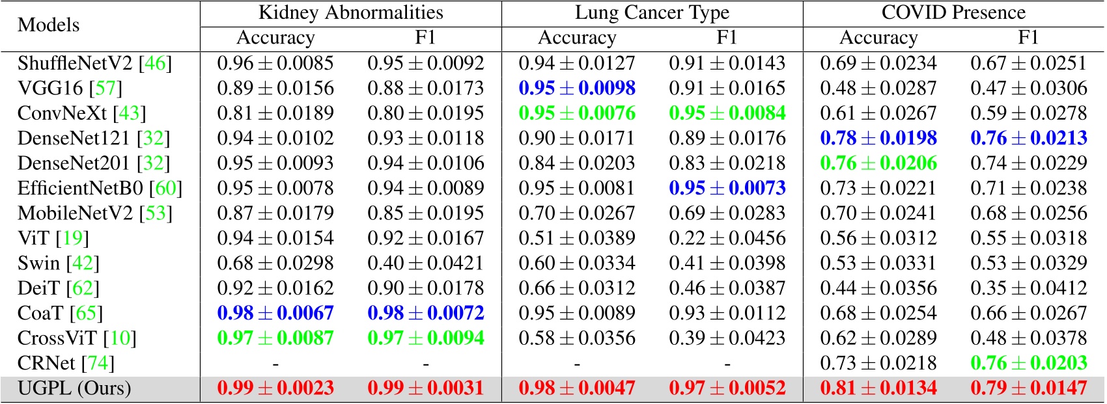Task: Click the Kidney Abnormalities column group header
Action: [350, 12]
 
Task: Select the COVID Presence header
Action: [953, 12]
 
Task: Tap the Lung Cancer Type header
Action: [652, 12]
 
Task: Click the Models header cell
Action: [49, 25]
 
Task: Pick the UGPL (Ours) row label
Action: [74, 388]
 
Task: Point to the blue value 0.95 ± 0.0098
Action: [576, 88]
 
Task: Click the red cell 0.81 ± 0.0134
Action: [878, 388]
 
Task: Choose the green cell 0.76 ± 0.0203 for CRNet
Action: [1028, 363]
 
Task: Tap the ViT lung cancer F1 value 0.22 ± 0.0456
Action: [727, 238]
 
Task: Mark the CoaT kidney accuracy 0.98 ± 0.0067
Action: [275, 313]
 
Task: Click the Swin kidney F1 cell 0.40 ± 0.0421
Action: [425, 263]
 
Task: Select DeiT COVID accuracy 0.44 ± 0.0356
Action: [878, 288]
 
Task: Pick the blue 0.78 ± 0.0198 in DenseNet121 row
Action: [878, 138]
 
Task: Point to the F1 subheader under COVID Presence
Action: [1028, 38]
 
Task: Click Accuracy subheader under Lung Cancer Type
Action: [576, 38]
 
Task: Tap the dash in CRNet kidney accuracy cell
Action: [275, 364]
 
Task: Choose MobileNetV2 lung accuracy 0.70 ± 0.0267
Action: [576, 213]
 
